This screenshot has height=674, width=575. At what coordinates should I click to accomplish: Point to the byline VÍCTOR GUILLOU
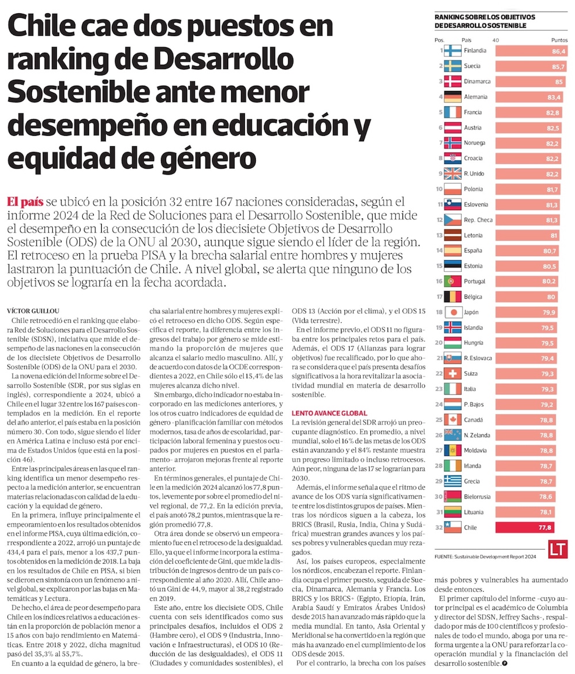35,310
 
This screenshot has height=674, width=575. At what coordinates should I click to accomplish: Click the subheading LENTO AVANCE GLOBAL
329,413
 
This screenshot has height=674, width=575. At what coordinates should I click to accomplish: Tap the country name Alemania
476,97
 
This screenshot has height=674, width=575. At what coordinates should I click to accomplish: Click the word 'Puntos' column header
559,40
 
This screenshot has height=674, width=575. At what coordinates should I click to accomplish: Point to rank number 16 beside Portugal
439,281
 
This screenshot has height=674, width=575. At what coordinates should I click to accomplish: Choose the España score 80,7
558,250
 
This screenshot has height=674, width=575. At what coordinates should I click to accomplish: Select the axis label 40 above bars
496,40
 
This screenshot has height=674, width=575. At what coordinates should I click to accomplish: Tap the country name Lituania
475,512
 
